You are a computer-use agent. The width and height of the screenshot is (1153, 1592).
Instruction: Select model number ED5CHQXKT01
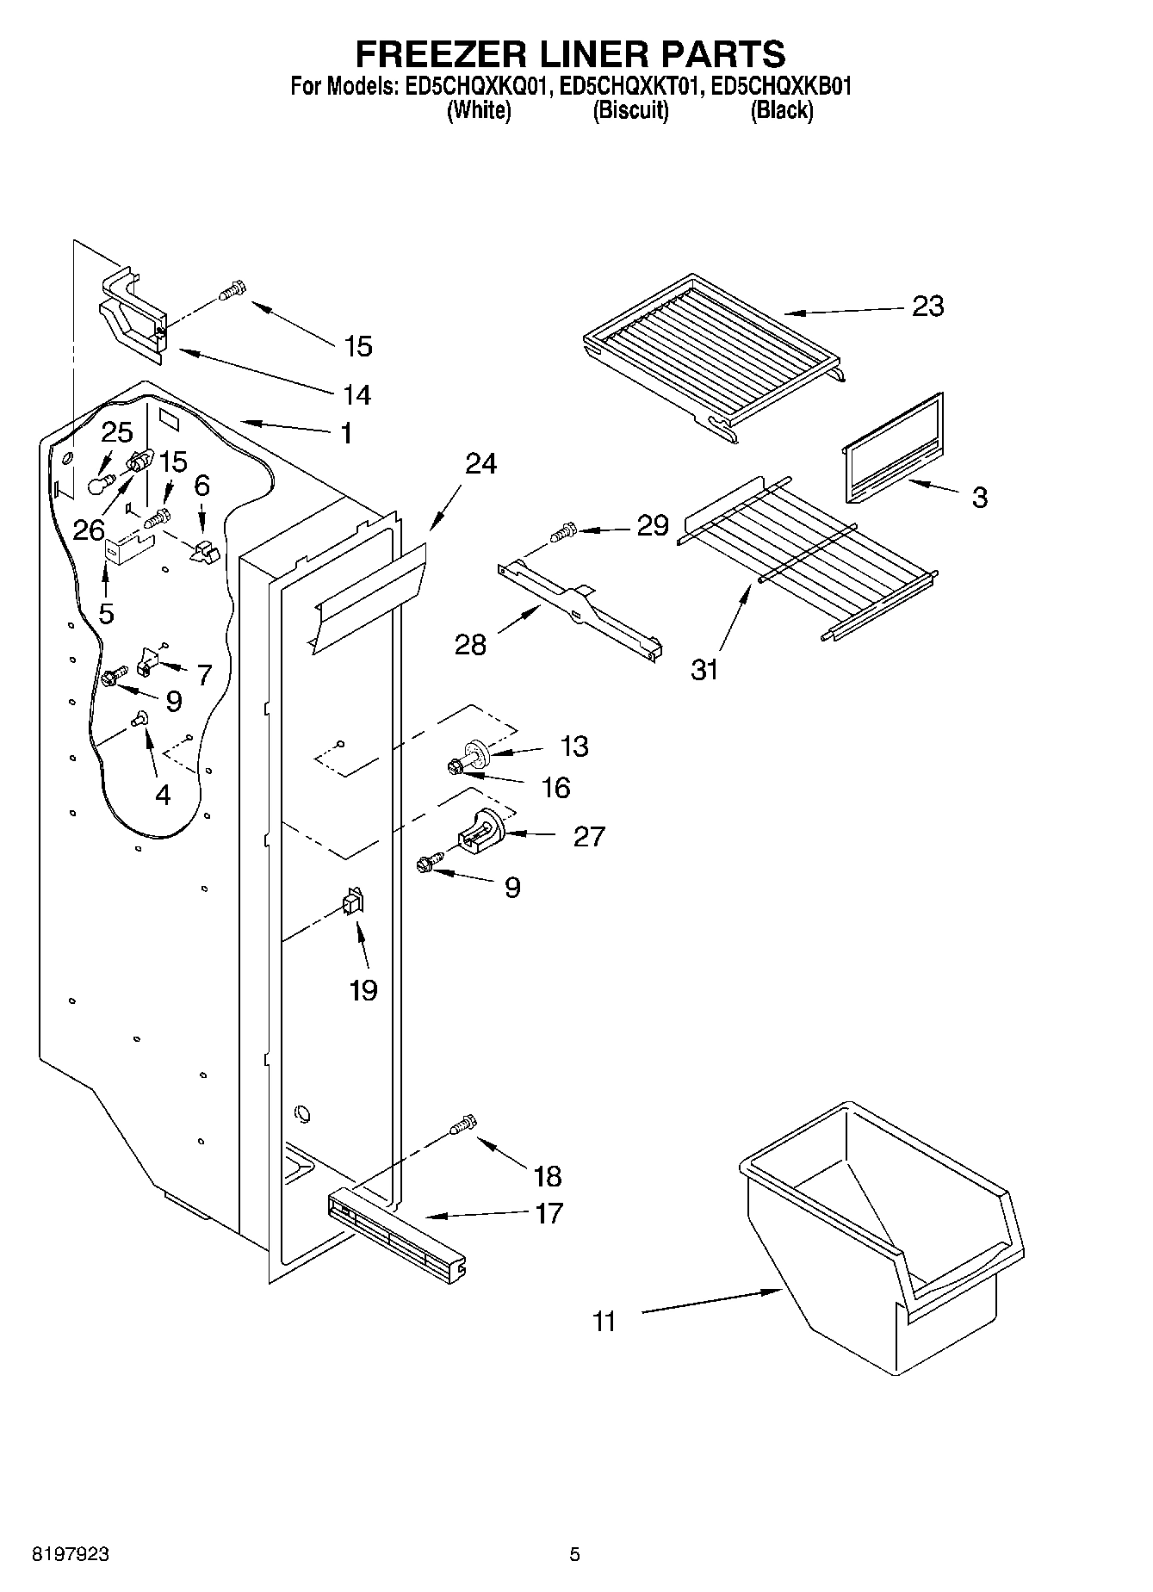click(x=631, y=86)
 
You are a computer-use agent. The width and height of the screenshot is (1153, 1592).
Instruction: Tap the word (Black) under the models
click(x=781, y=110)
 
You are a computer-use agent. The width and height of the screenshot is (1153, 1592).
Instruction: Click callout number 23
click(x=927, y=306)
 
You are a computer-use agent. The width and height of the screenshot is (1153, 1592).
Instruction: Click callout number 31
click(x=704, y=668)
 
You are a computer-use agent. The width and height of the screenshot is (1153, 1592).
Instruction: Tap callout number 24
click(x=480, y=463)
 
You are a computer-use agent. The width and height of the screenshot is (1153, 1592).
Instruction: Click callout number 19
click(x=363, y=990)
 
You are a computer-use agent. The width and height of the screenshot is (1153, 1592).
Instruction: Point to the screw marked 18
click(x=464, y=1124)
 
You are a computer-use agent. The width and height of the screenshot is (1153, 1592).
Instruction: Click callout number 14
click(x=356, y=394)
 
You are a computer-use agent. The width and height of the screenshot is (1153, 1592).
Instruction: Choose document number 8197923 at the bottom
click(x=71, y=1555)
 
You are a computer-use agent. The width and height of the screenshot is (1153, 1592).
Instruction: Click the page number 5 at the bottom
click(x=575, y=1555)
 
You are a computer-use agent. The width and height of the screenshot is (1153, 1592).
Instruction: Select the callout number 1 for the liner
click(x=345, y=433)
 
